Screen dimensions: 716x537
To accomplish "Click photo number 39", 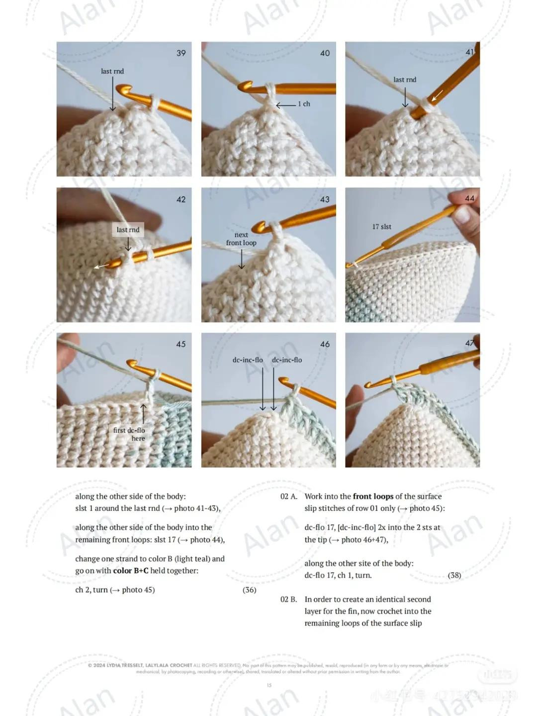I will (181, 53).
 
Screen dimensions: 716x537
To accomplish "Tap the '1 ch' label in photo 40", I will (304, 104).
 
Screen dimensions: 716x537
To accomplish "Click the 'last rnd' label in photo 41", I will (405, 80).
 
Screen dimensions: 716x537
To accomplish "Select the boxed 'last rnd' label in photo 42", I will (128, 230).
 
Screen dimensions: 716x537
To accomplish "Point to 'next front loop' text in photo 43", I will (241, 239).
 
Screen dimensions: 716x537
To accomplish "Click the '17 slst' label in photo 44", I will (381, 227).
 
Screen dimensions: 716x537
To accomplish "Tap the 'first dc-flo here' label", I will (129, 434).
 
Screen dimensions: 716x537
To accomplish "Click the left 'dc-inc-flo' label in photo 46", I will (248, 360).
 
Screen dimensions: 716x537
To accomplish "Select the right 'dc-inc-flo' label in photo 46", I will (287, 360).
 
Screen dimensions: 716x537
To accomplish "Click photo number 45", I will (181, 344).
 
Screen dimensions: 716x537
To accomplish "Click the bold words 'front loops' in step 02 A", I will (373, 496).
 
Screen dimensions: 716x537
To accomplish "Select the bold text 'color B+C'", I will (131, 571).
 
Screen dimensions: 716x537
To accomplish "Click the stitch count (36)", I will (250, 590).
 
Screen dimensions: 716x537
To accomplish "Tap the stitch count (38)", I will (454, 575).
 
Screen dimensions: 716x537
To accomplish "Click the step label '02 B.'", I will (289, 600).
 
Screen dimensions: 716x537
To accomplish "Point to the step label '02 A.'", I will (289, 496).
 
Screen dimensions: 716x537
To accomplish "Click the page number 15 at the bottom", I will (269, 685).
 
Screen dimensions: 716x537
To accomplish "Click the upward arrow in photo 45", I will (143, 413).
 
